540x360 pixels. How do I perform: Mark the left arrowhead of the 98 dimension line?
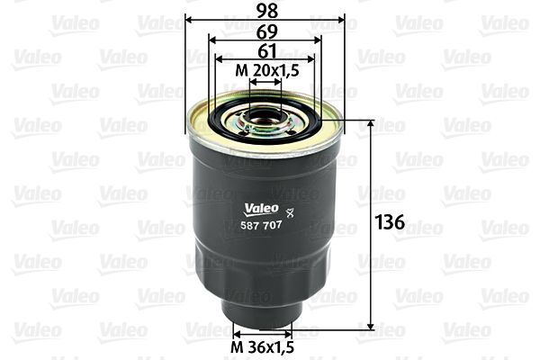click(189, 20)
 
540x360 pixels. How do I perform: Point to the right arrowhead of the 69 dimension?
click(319, 40)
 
